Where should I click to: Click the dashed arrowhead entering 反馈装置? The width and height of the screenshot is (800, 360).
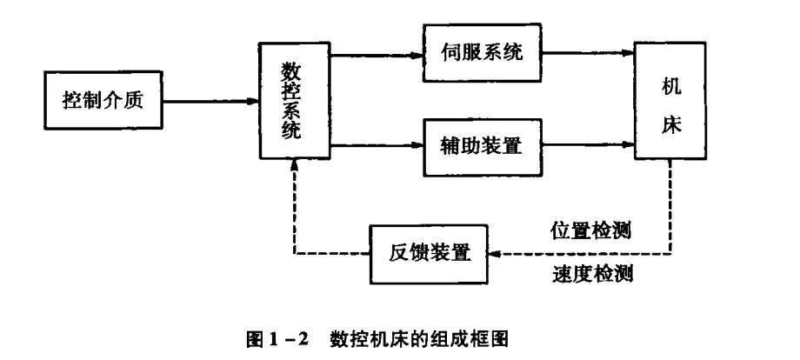(x=492, y=253)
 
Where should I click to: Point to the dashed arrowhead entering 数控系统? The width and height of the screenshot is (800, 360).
(x=295, y=166)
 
